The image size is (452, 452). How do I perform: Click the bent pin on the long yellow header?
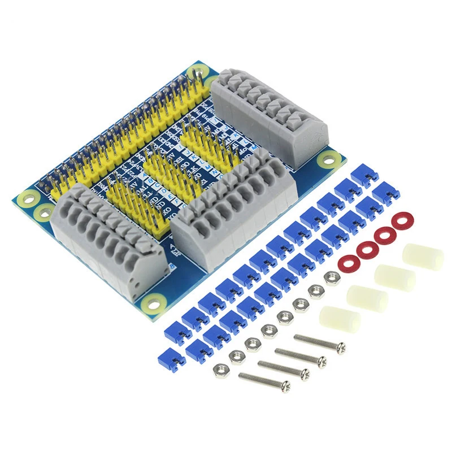tap(195, 74)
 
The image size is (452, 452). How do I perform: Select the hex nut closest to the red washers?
tap(333, 277)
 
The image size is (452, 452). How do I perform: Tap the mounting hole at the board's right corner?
tap(327, 160)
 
